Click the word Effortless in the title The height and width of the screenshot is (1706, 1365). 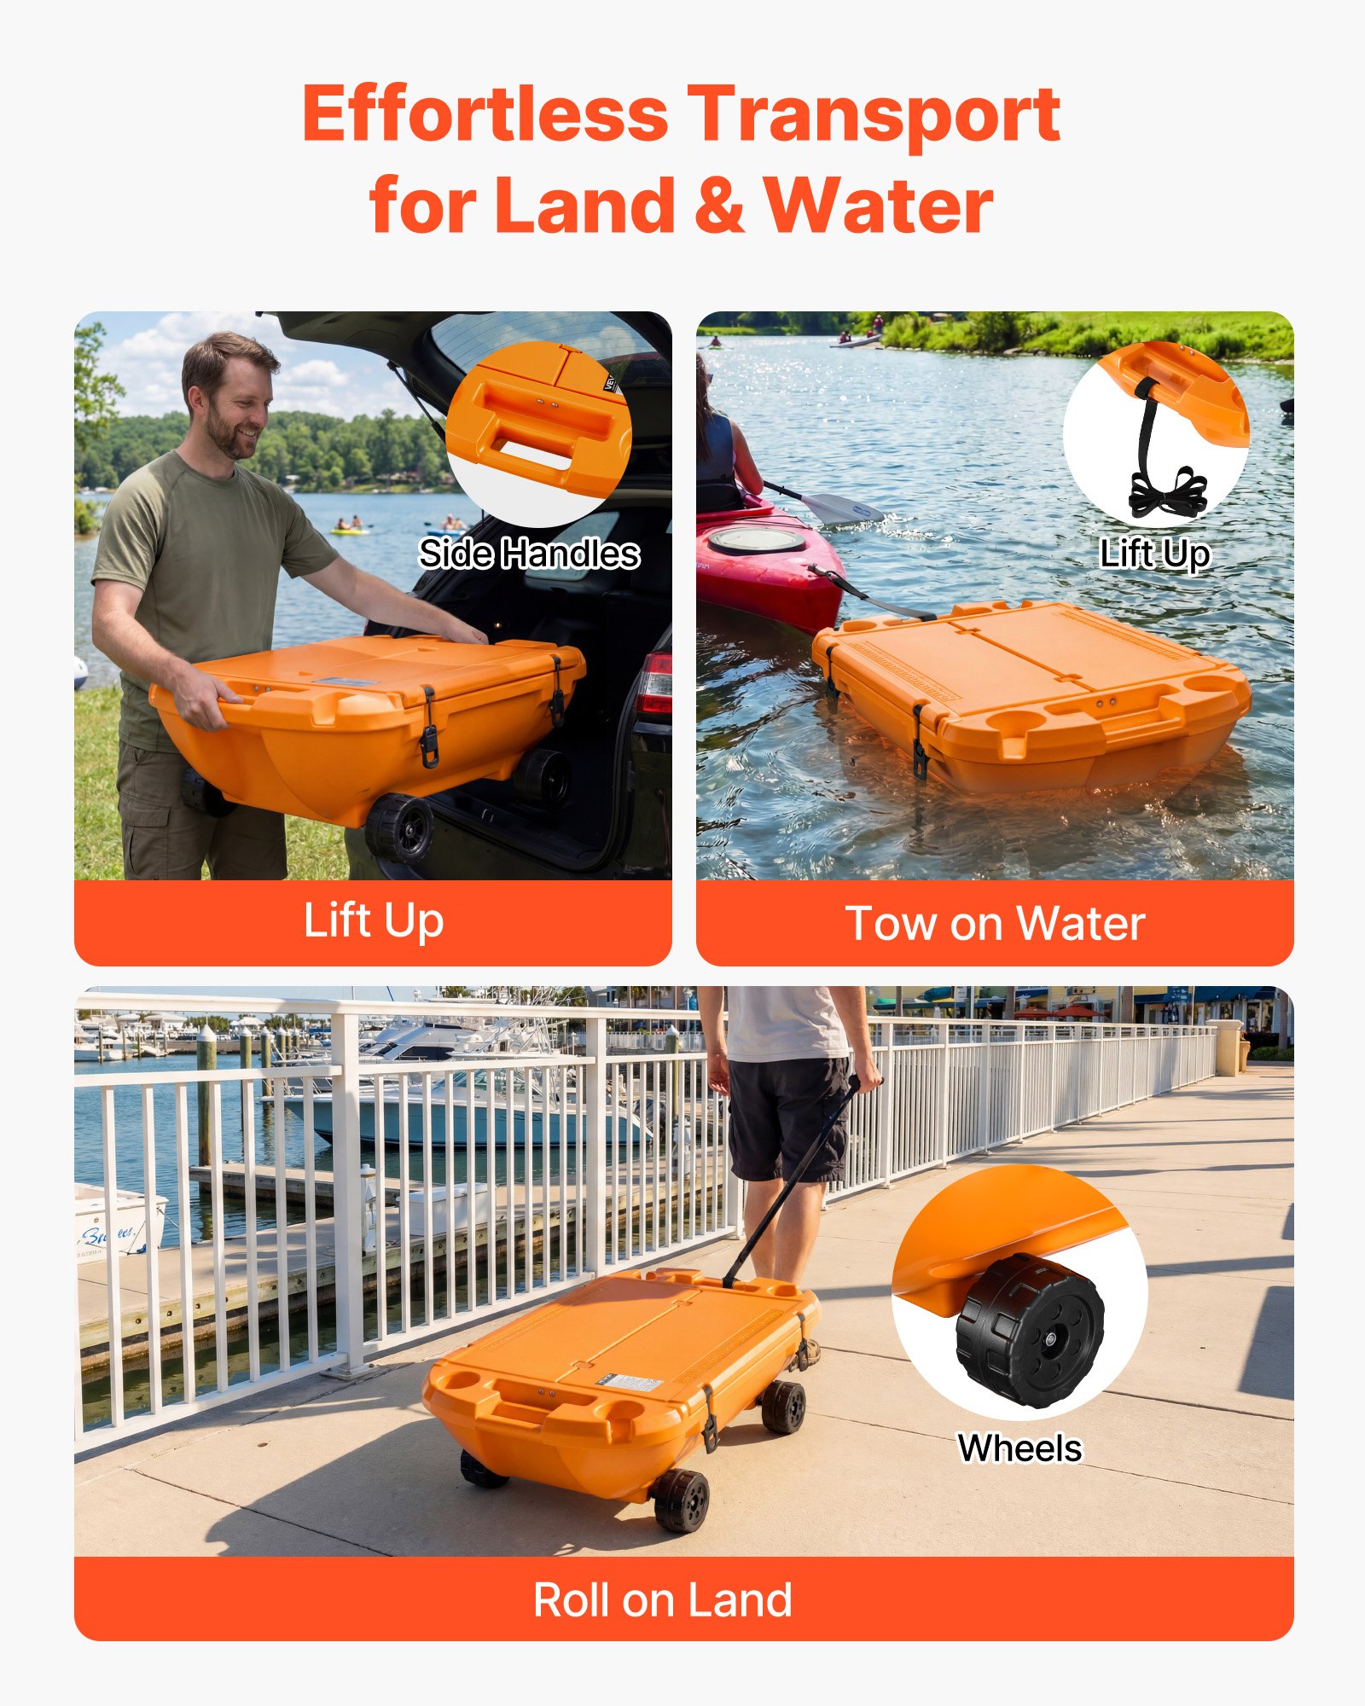pos(485,115)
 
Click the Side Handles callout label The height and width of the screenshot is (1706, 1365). pos(529,554)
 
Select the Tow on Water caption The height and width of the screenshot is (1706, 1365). pos(995,923)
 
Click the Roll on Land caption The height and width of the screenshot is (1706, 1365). pos(663,1600)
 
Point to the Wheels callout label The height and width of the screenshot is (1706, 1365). pos(1019,1448)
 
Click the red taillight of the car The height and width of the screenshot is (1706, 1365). pos(655,683)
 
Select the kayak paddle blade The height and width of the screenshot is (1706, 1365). pos(840,509)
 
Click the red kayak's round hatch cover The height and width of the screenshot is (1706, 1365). pos(756,540)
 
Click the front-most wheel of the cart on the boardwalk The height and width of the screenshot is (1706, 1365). pos(680,1500)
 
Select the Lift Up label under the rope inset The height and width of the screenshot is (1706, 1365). pos(1154,554)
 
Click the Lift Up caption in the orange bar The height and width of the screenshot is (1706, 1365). pos(374,921)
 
